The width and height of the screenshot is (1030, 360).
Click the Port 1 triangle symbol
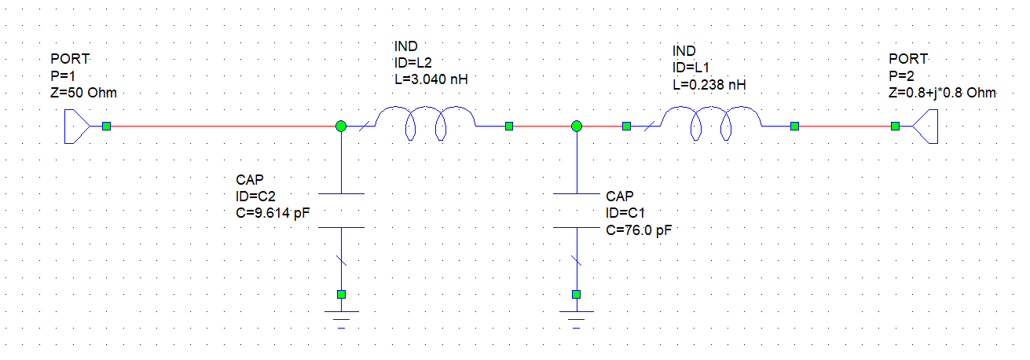click(78, 126)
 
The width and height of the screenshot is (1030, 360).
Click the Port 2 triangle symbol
click(925, 126)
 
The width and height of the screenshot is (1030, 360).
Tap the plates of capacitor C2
click(341, 210)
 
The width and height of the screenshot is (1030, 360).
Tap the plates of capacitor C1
click(577, 210)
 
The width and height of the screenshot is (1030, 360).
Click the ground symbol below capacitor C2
click(341, 316)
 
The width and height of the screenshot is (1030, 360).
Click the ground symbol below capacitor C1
click(577, 316)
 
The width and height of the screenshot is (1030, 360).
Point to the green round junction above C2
click(341, 126)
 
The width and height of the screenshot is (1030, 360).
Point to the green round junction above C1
click(577, 126)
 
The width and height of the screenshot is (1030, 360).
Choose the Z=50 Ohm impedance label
click(83, 93)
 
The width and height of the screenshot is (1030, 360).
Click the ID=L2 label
click(413, 63)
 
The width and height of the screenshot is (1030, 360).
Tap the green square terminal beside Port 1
click(106, 126)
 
